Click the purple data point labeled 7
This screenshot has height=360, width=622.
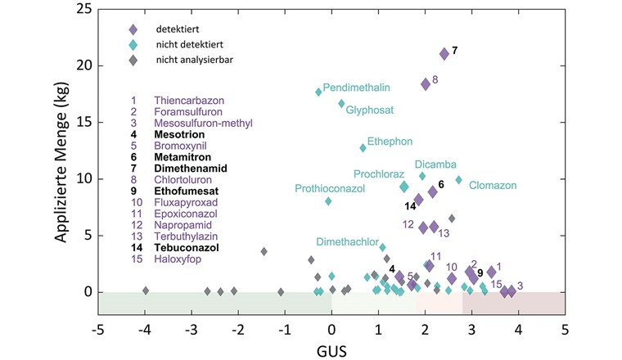click(444, 54)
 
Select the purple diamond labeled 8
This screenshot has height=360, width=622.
click(426, 84)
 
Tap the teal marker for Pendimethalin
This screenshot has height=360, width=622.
click(318, 92)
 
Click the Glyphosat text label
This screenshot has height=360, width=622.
click(369, 109)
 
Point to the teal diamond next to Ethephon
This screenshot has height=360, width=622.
click(363, 148)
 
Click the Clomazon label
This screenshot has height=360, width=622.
click(493, 186)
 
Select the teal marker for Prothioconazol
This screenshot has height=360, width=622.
click(328, 201)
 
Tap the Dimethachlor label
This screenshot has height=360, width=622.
click(347, 242)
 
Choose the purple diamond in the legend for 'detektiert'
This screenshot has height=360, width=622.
click(133, 30)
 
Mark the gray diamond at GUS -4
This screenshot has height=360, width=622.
click(146, 290)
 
